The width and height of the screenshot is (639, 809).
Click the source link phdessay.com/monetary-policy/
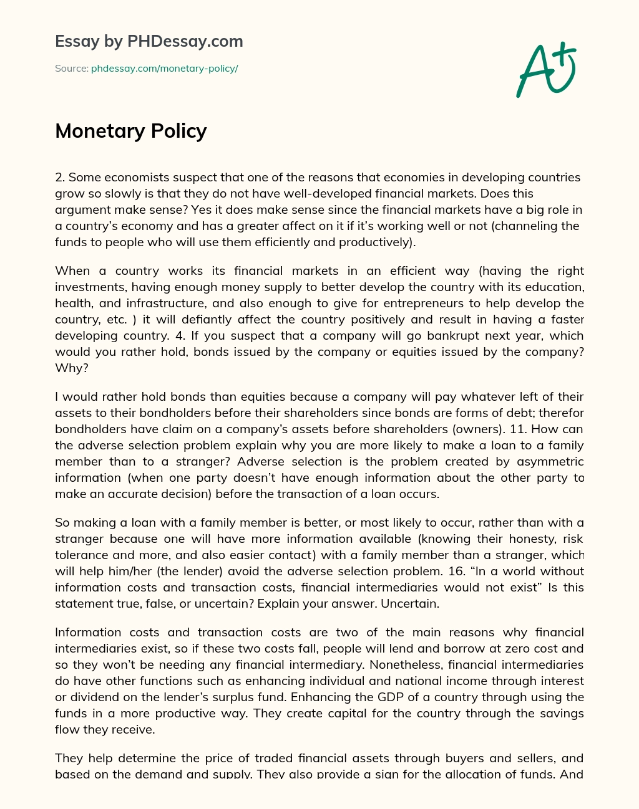point(164,69)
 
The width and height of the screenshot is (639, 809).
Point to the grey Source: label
point(71,69)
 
